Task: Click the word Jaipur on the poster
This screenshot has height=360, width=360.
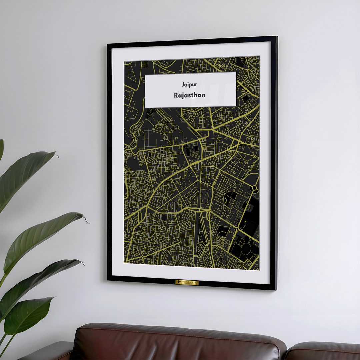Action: tap(189, 85)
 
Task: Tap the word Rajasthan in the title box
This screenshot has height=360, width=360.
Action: tap(189, 95)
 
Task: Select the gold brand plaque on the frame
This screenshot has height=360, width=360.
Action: tap(187, 283)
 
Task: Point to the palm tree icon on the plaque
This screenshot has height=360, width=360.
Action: tap(180, 283)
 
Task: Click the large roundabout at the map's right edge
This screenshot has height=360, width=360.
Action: tap(254, 188)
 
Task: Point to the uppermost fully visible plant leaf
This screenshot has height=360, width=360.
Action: tap(27, 177)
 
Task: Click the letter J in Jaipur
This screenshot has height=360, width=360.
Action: tap(183, 85)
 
